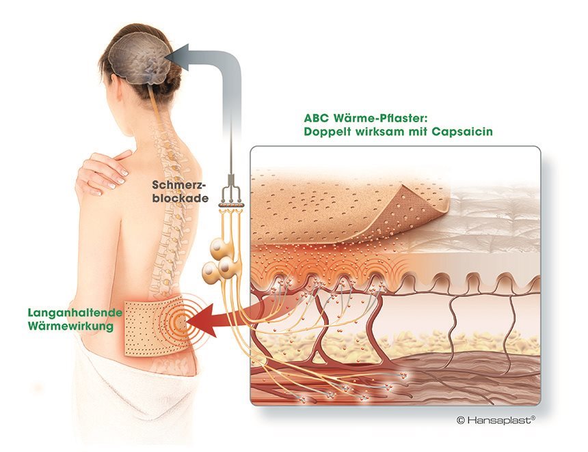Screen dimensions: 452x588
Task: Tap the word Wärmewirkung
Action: point(66,326)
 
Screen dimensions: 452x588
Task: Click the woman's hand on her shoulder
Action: point(103,171)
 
